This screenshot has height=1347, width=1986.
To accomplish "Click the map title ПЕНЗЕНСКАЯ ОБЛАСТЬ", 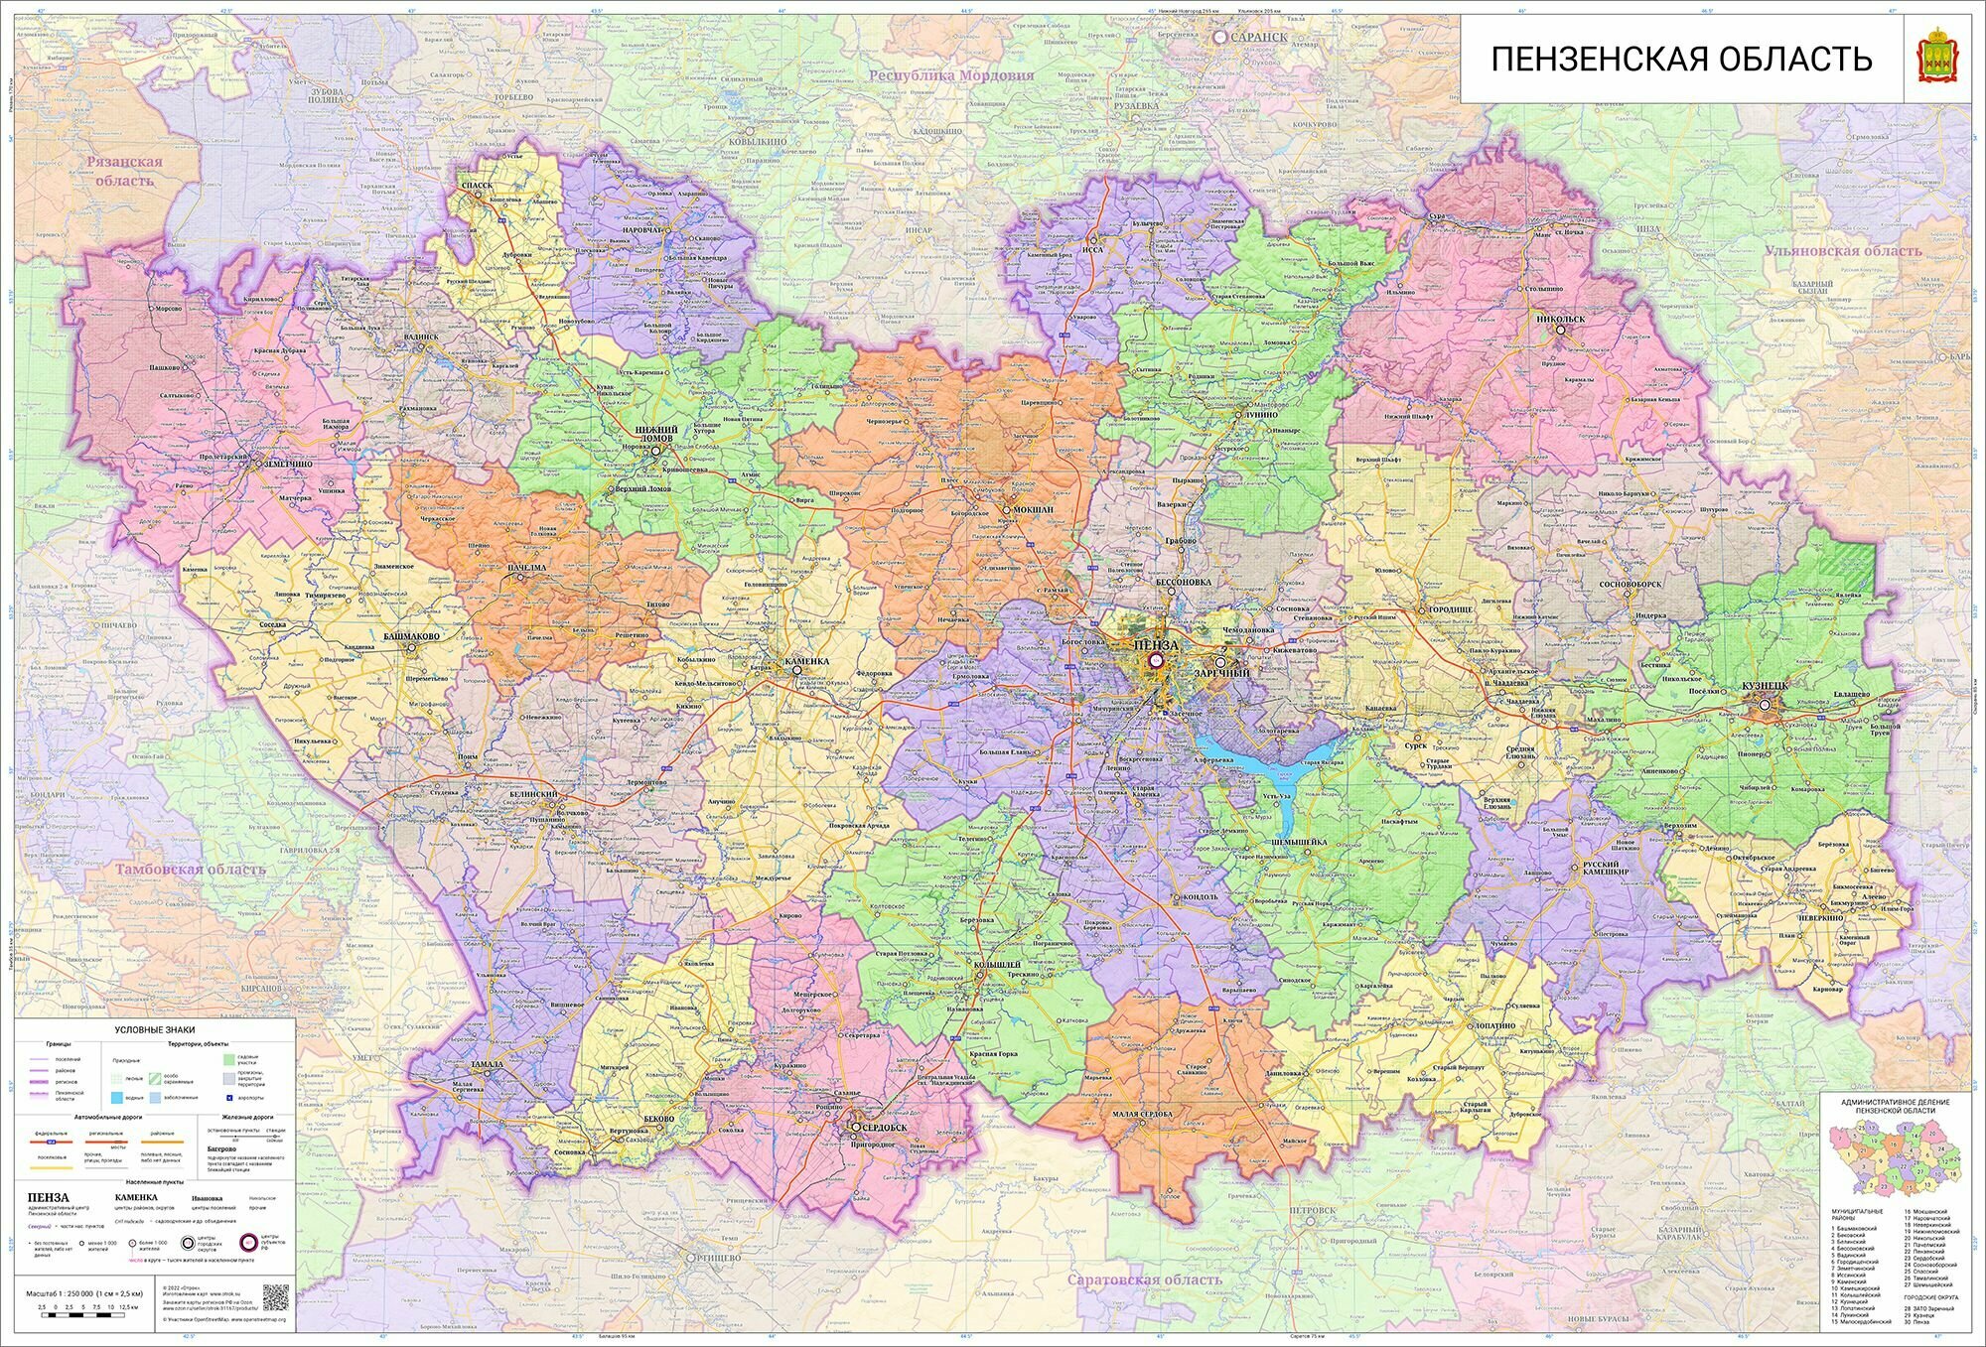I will click(1681, 60).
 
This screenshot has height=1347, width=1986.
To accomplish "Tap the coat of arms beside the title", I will click(1936, 60).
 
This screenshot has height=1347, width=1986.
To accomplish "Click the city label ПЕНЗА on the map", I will click(1155, 645).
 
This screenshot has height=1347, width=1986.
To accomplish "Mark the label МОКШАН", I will click(1034, 510).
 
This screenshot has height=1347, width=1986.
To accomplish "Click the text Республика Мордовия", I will click(950, 75).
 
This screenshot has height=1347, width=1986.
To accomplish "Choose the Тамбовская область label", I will click(191, 870).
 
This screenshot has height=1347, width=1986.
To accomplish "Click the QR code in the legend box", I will click(275, 1297).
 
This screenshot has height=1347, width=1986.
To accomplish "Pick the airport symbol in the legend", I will click(229, 1098).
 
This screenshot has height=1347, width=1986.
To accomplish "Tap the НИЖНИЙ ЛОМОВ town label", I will click(655, 434).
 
